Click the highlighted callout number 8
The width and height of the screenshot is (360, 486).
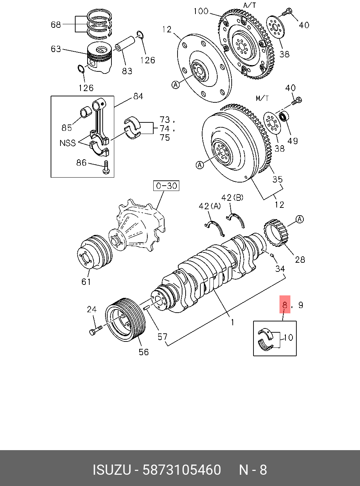[285, 305]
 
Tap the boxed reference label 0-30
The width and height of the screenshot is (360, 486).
[166, 186]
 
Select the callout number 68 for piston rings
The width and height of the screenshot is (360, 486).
[56, 24]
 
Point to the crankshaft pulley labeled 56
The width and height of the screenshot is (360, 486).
[126, 320]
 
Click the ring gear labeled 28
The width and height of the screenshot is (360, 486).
[276, 234]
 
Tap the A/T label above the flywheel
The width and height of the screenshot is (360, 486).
[250, 5]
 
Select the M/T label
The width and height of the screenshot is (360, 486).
[262, 98]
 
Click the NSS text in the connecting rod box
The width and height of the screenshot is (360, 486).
[67, 143]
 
